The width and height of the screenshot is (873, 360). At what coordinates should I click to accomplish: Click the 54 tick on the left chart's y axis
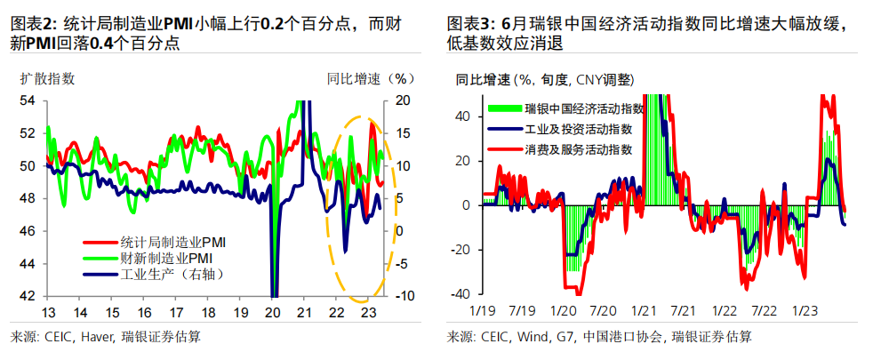[28, 100]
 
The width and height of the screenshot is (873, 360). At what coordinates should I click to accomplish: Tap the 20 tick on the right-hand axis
[402, 100]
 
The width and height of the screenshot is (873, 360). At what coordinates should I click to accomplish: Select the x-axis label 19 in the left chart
[240, 313]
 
